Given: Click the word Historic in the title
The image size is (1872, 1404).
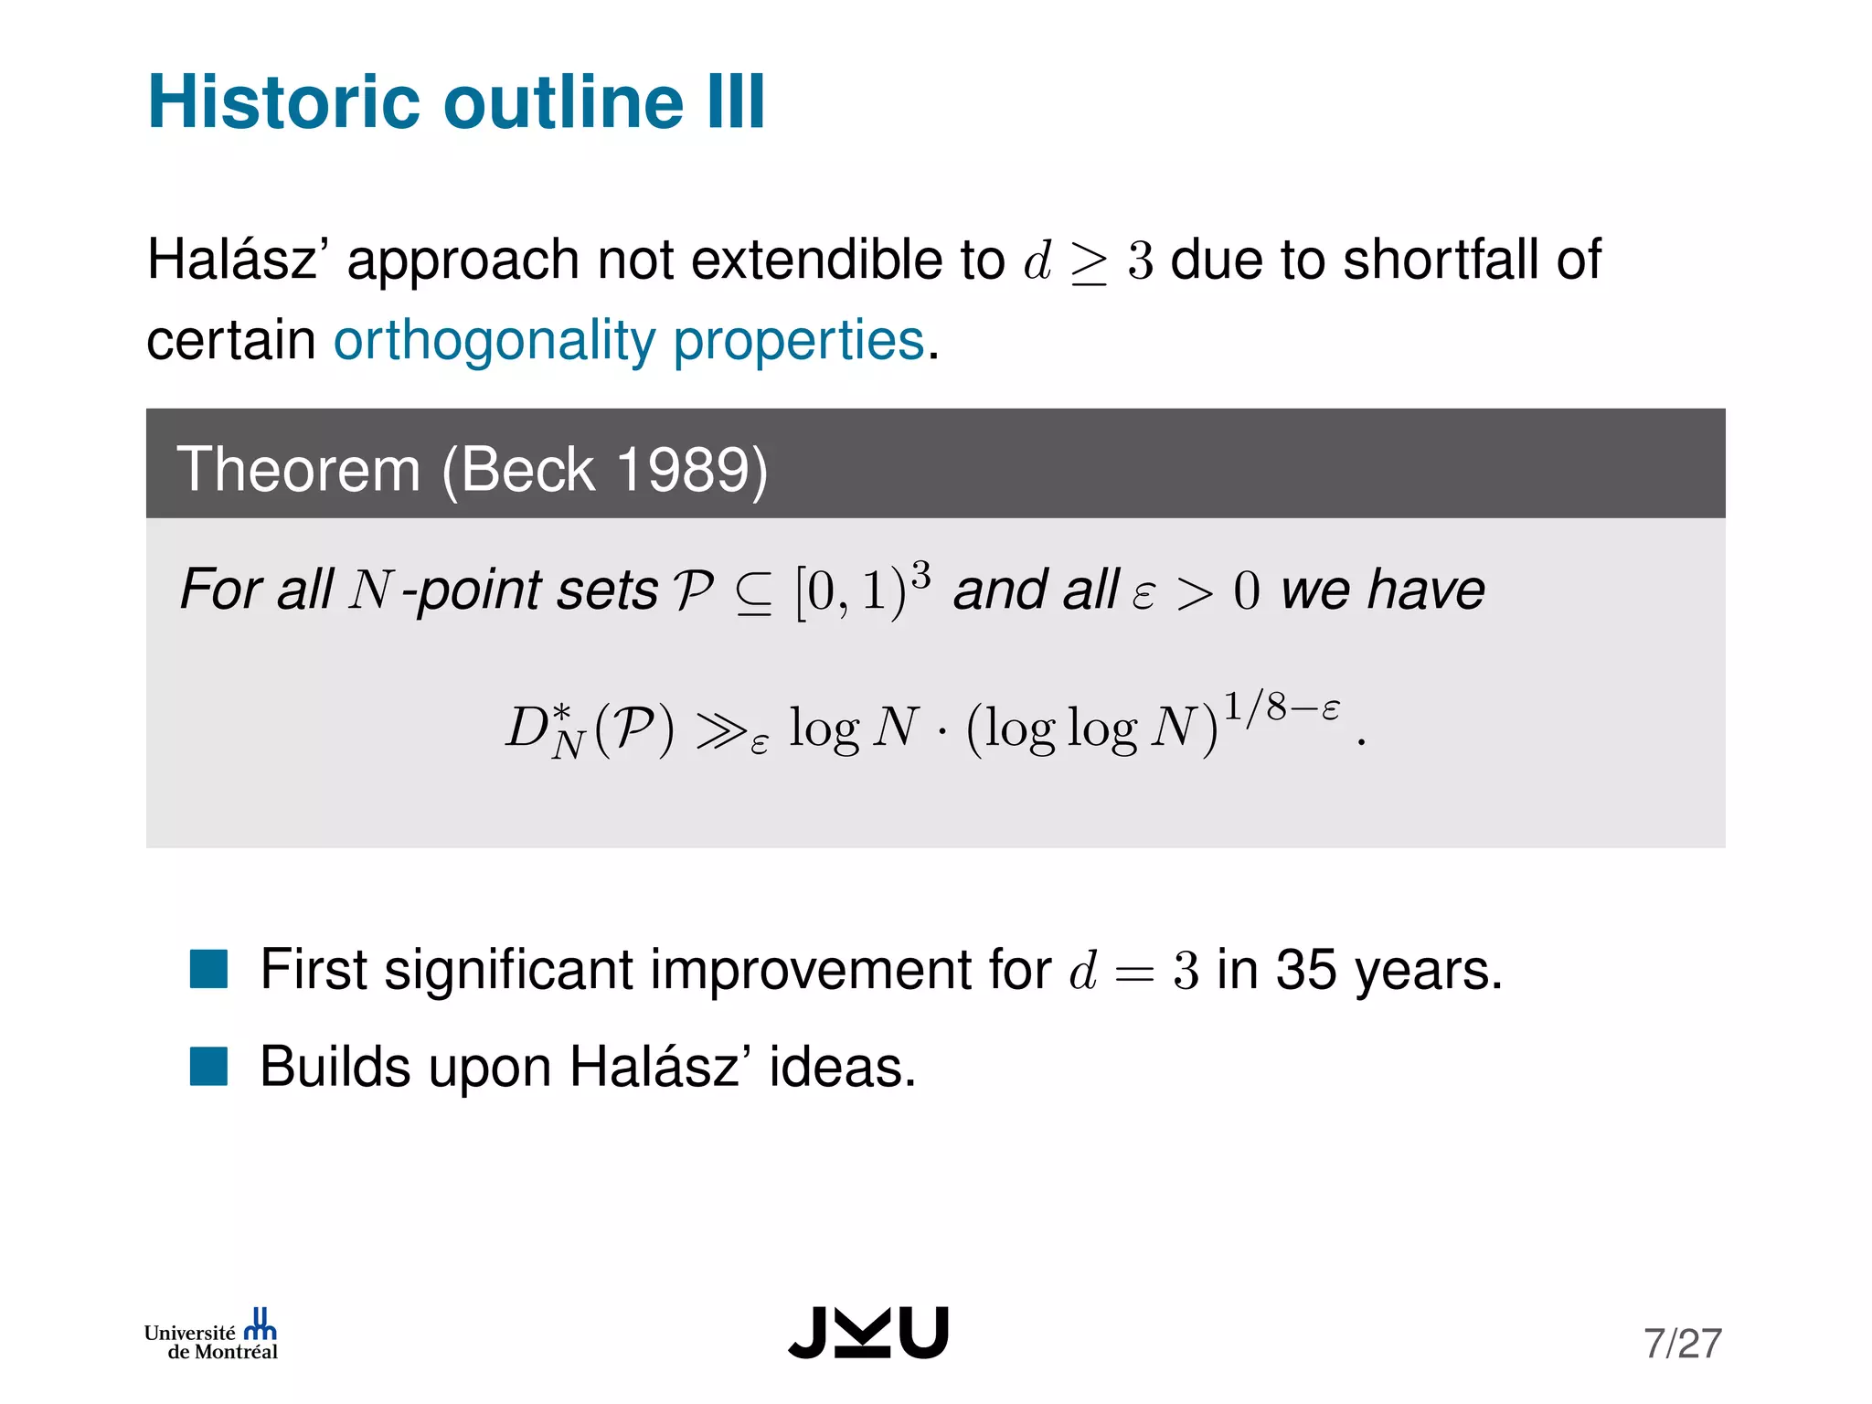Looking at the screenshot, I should point(284,101).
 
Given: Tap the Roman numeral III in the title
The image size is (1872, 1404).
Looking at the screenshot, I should point(736,101).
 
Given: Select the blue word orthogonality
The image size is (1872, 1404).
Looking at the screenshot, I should point(495,341).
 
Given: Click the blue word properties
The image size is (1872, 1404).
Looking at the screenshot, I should point(799,341).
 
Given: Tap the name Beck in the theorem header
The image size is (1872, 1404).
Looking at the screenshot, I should point(528,470).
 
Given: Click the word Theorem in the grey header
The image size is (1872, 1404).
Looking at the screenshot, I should point(298,470).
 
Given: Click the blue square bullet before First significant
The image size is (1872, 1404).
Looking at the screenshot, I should point(208,970).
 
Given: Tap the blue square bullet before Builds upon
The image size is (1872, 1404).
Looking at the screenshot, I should point(208,1067).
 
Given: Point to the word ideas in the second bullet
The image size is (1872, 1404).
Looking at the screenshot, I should point(842,1067).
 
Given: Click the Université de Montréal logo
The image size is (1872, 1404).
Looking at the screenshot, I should point(211,1335).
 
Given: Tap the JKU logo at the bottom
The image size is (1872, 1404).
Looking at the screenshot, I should point(868,1333).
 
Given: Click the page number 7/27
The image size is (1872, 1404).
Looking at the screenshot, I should point(1682,1344).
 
